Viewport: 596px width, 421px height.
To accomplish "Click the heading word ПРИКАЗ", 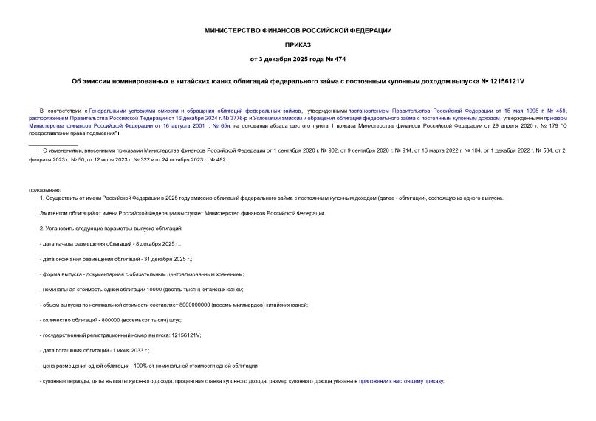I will (298, 44).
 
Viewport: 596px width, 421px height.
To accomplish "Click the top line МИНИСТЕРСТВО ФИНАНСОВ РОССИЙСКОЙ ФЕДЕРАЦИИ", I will (298, 30).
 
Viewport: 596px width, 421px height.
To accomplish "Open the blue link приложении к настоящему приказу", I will (400, 380).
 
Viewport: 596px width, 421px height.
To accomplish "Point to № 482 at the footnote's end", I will (218, 159).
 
